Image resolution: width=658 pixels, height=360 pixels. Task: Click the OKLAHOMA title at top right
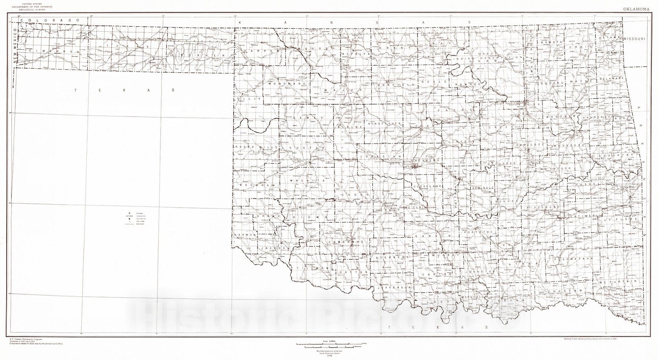(x=637, y=9)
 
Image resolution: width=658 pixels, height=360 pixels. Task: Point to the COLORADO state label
(x=51, y=20)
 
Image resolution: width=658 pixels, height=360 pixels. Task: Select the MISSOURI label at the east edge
(x=635, y=38)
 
